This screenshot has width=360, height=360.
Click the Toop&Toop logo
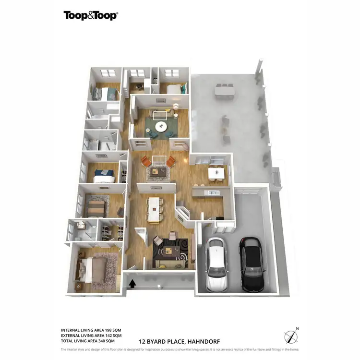click(91, 15)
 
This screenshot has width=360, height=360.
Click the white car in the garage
click(216, 264)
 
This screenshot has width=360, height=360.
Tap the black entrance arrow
click(132, 284)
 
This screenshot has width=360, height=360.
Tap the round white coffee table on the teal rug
click(160, 127)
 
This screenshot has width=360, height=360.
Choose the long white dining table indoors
click(154, 209)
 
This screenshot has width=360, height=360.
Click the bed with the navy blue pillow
click(104, 176)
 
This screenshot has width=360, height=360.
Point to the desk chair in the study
click(140, 87)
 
